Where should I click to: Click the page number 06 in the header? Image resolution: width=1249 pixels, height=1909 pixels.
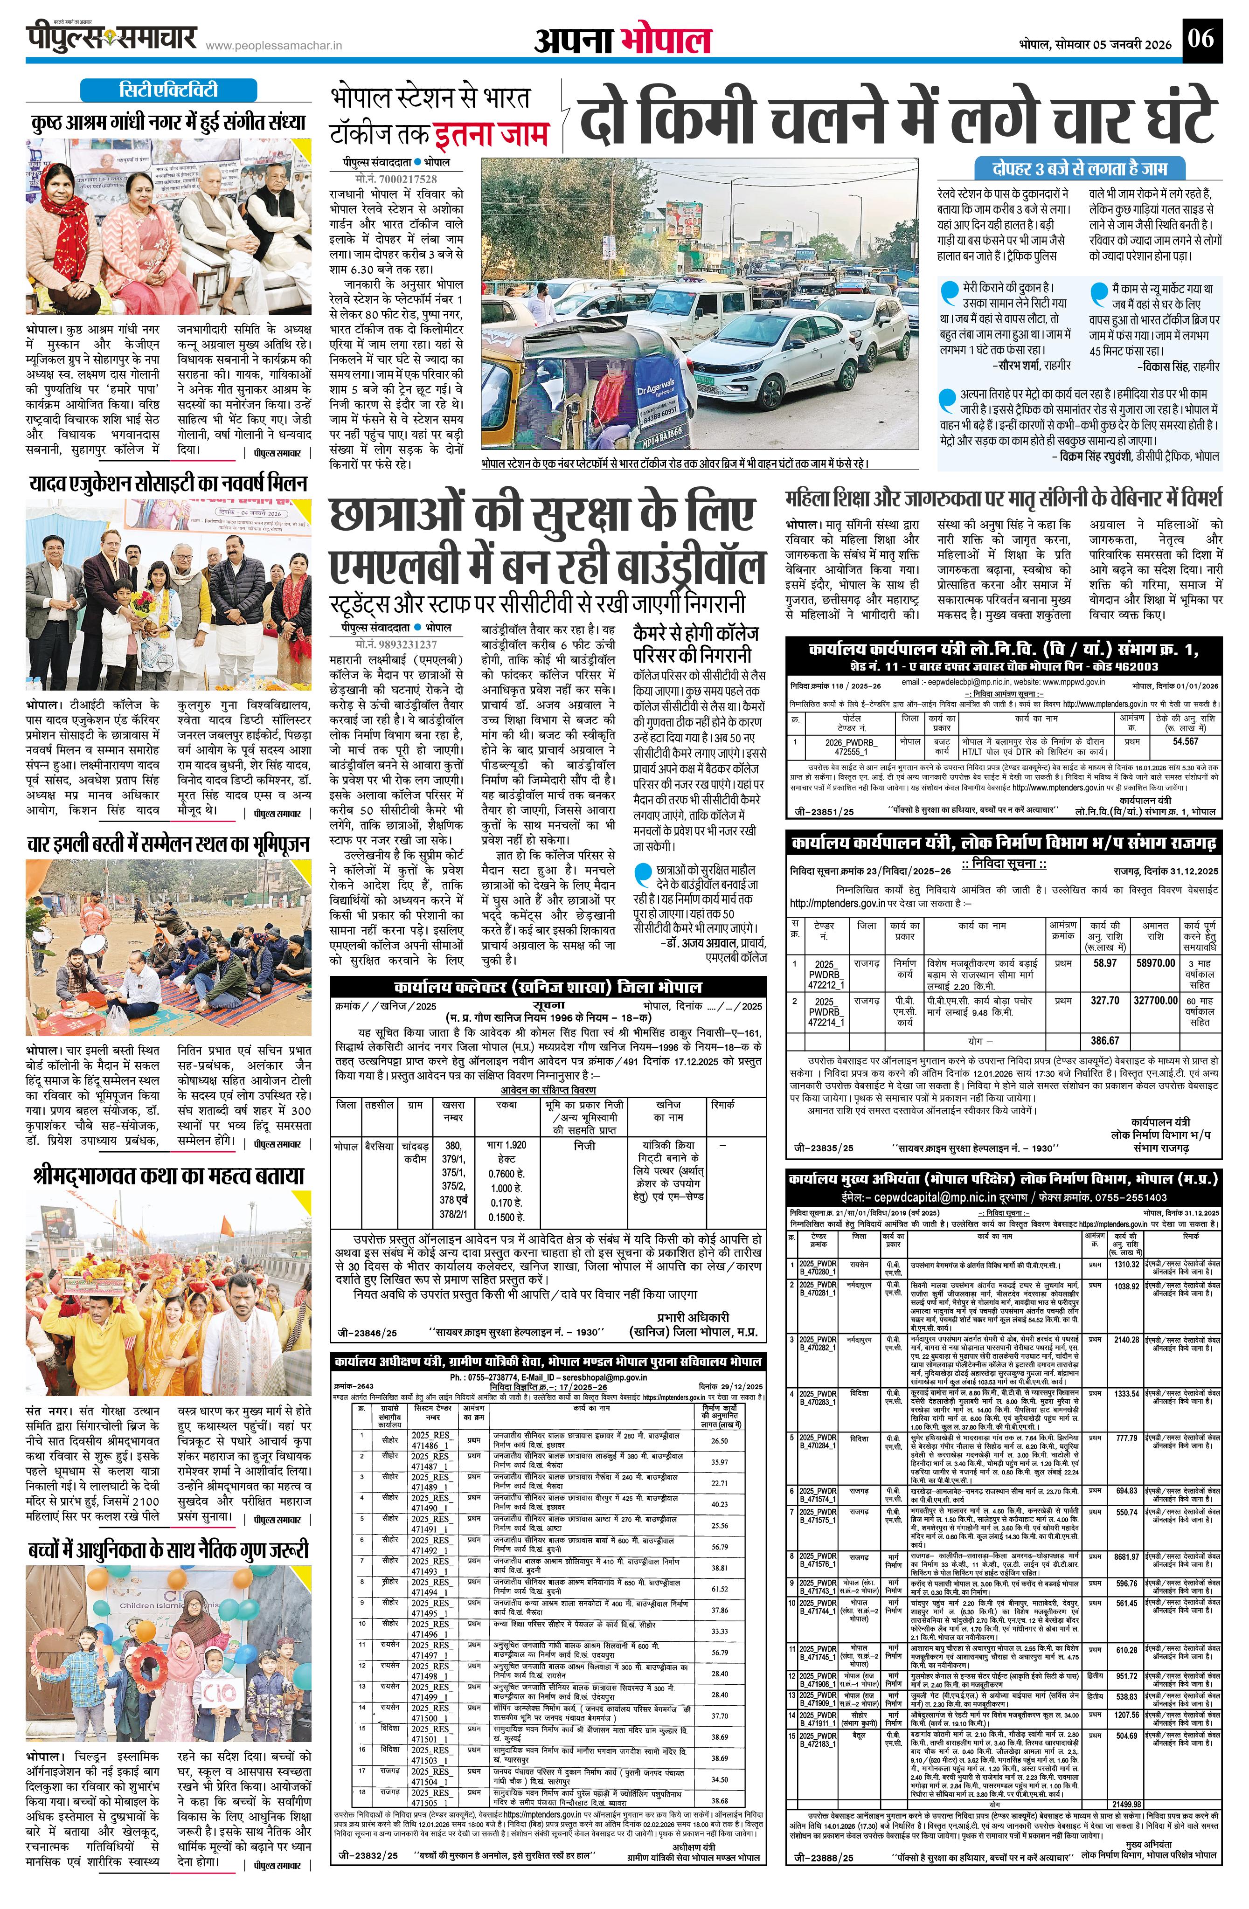[x=1202, y=39]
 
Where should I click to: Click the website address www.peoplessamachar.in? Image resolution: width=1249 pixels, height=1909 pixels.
[x=274, y=47]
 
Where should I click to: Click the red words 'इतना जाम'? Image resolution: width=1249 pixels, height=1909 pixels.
[x=491, y=134]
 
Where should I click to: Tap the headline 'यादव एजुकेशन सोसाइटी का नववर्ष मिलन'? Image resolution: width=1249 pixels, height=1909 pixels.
[x=168, y=484]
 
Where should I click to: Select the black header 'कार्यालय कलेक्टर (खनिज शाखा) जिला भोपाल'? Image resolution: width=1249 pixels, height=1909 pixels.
[x=547, y=987]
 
